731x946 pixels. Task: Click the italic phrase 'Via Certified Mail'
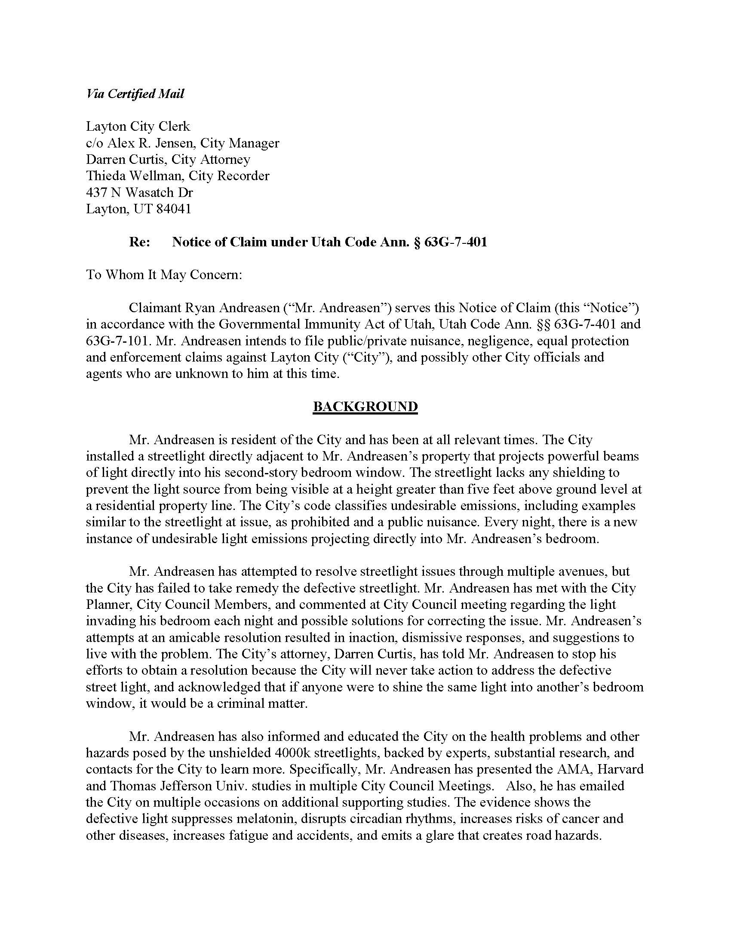(x=135, y=94)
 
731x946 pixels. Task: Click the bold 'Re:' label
(x=139, y=242)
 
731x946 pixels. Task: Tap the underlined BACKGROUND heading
(x=365, y=406)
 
